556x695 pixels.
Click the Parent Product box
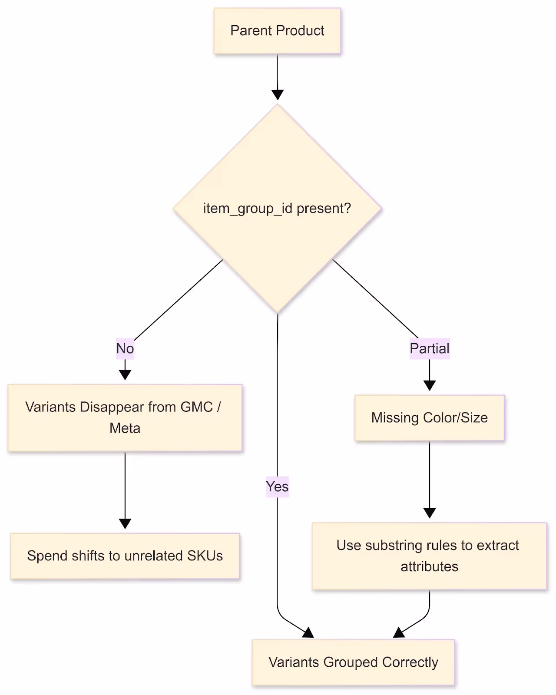(x=277, y=31)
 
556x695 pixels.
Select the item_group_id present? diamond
(x=277, y=208)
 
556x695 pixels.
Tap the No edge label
(x=125, y=348)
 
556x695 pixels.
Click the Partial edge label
(x=429, y=348)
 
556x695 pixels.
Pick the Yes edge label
(x=277, y=486)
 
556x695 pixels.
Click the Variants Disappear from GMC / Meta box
(x=125, y=417)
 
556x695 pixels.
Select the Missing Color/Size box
(x=429, y=418)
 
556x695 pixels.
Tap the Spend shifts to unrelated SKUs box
(x=125, y=556)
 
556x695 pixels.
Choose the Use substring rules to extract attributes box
(x=429, y=556)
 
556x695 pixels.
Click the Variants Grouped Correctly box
(x=353, y=662)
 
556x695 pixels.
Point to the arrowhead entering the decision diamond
(x=277, y=95)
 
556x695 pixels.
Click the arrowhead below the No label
(x=125, y=375)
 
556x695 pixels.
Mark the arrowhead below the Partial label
(x=429, y=385)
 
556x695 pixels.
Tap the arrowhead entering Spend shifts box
(x=125, y=523)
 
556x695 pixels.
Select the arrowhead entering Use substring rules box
(x=429, y=513)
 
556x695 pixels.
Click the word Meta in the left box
(x=125, y=428)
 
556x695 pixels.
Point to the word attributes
(x=429, y=567)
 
